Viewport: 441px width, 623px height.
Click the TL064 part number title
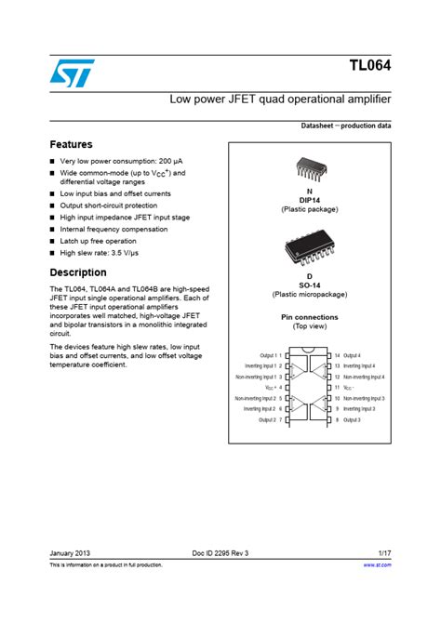369,67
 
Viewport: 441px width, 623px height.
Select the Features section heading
71,145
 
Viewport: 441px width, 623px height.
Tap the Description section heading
77,273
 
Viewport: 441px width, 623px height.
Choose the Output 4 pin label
351,355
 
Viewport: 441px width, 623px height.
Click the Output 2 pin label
267,420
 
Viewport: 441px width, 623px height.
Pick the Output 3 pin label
351,420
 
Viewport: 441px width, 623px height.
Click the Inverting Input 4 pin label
358,366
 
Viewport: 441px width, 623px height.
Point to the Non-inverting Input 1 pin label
255,377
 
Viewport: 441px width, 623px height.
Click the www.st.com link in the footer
378,564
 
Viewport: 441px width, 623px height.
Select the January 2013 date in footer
71,553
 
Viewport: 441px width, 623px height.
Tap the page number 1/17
383,553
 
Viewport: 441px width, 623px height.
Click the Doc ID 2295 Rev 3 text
220,553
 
